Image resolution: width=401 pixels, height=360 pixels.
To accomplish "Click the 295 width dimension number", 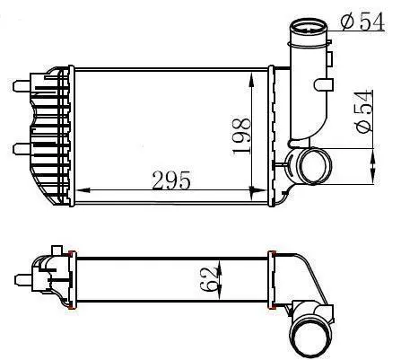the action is [171, 180].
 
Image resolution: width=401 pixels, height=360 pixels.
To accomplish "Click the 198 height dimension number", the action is [241, 136].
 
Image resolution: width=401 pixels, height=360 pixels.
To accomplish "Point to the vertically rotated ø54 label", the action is [363, 111].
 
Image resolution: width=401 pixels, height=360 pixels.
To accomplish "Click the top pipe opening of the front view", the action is [308, 28].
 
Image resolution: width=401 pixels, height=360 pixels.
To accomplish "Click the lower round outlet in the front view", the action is [315, 166].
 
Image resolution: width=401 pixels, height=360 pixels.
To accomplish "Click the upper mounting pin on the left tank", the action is [22, 86].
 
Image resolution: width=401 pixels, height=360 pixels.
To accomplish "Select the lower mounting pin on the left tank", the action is [22, 149].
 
